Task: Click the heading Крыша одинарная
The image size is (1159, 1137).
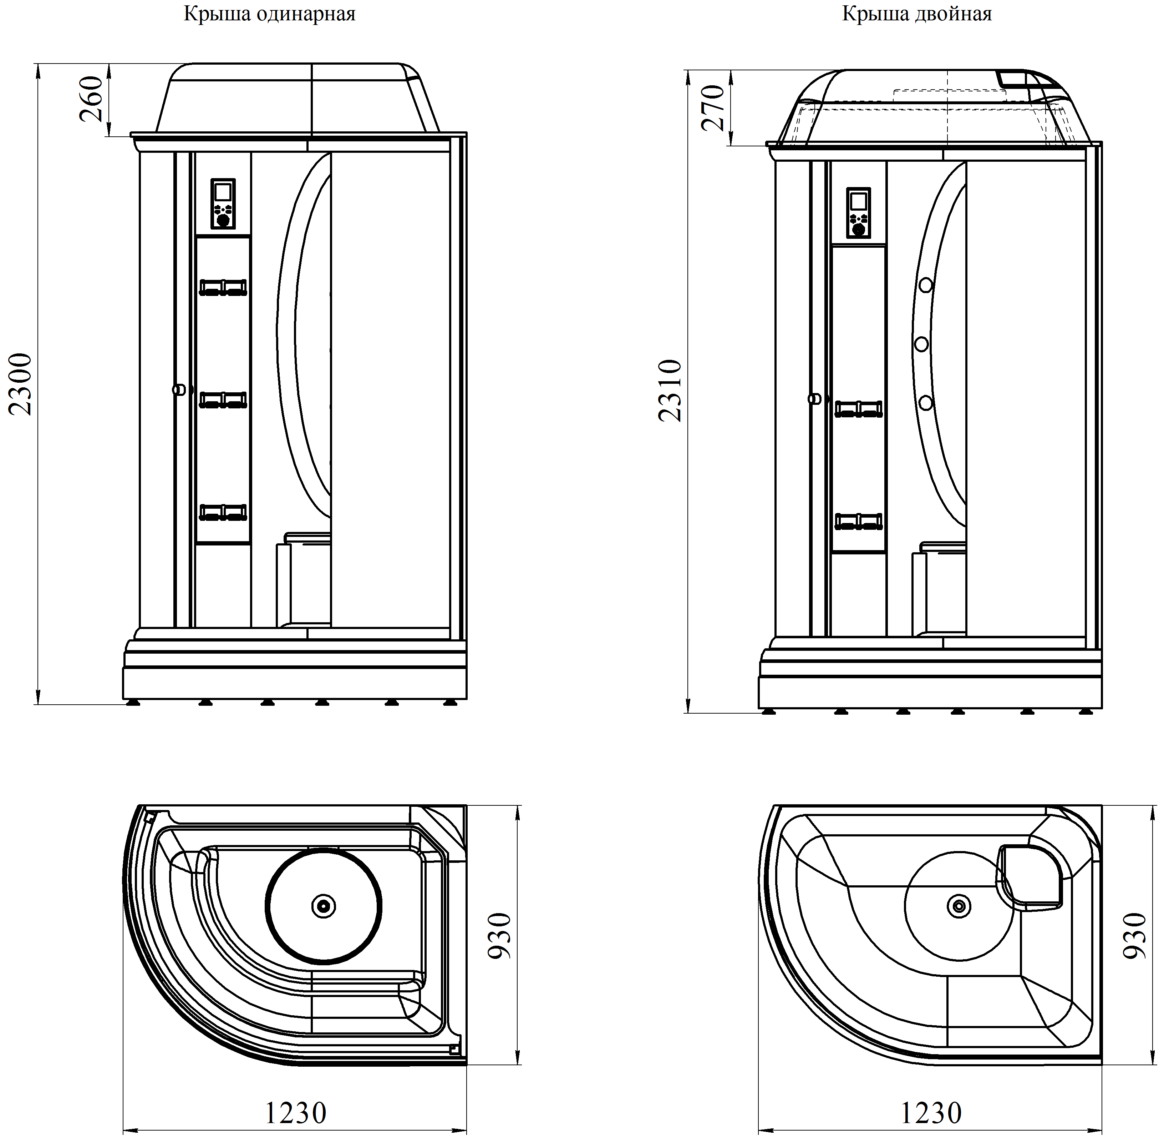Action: (x=269, y=14)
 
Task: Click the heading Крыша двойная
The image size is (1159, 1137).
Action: (x=917, y=14)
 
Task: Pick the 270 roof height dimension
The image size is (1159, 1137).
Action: (x=713, y=107)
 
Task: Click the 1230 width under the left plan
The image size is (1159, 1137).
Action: (x=295, y=1112)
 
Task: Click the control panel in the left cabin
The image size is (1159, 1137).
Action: (x=223, y=203)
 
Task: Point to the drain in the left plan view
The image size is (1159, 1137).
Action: (x=324, y=906)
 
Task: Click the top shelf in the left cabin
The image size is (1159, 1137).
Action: (x=223, y=287)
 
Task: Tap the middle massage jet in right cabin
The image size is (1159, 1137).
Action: (x=921, y=344)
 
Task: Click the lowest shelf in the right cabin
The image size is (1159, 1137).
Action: (x=859, y=521)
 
